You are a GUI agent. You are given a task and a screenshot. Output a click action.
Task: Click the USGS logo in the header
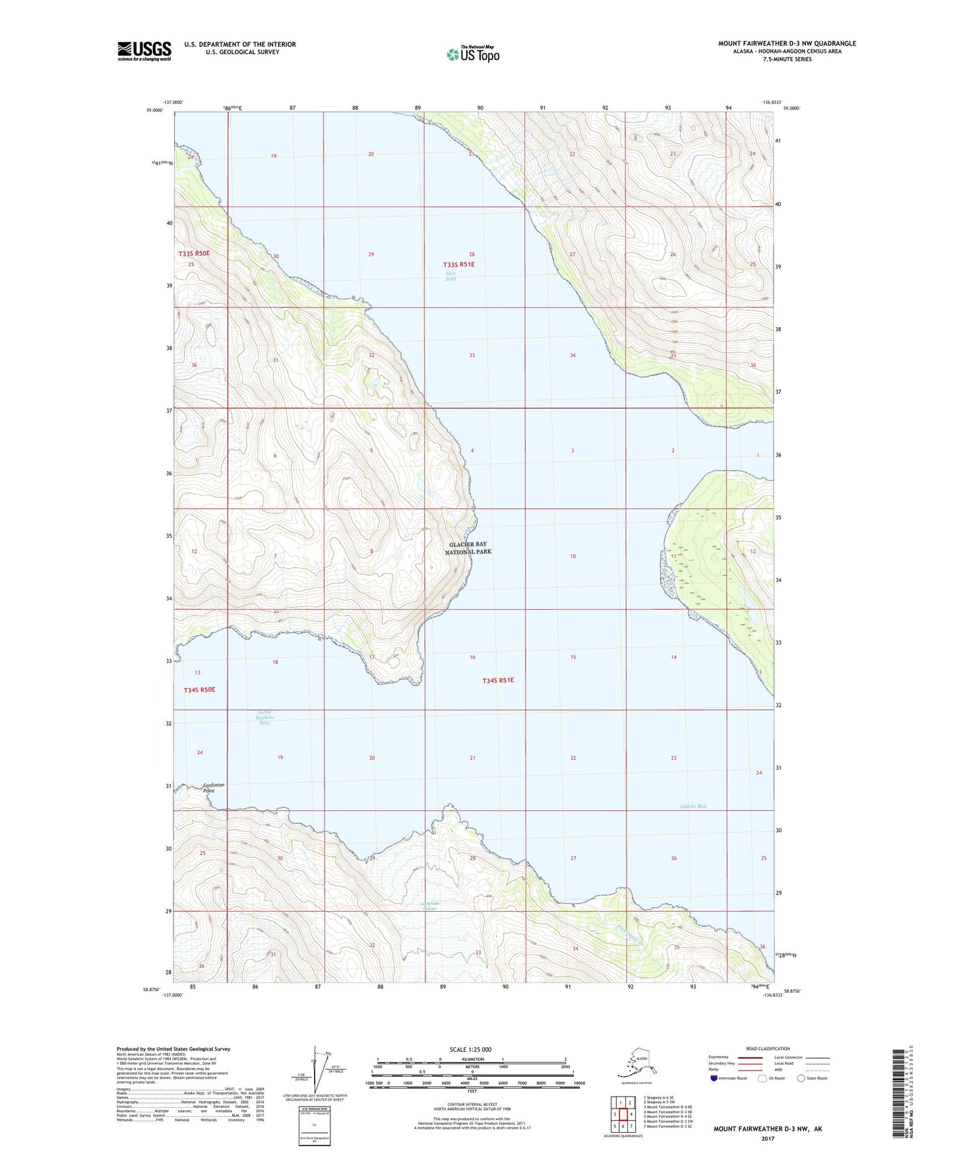click(144, 51)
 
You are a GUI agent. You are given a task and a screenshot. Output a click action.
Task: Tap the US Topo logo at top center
click(472, 53)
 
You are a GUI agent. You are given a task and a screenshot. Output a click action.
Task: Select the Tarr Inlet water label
click(450, 276)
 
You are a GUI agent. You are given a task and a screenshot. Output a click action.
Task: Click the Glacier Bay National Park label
click(468, 548)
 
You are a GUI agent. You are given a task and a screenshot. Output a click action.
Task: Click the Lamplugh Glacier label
click(430, 906)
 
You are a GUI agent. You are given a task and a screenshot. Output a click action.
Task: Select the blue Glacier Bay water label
click(693, 806)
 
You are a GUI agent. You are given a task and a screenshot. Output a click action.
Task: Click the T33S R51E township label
click(458, 265)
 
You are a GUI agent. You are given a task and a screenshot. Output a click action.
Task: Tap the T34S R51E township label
click(498, 680)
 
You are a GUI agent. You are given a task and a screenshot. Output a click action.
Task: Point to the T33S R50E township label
click(194, 253)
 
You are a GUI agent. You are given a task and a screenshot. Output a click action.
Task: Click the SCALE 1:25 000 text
click(471, 1049)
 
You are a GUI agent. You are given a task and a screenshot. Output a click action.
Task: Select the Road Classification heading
click(768, 1048)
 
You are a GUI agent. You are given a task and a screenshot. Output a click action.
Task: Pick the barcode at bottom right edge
click(899, 1092)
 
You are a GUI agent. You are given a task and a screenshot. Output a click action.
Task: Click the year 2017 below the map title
click(767, 1138)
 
